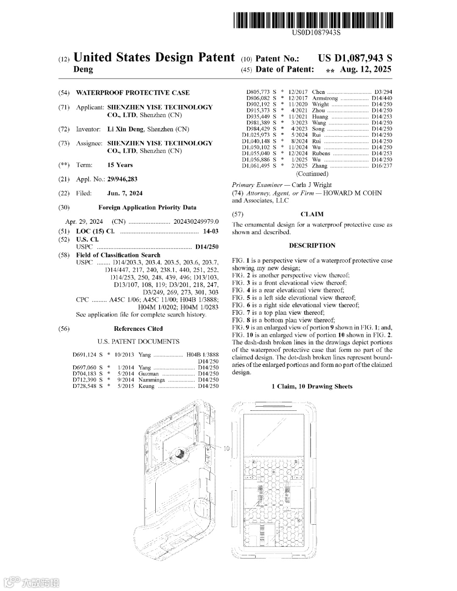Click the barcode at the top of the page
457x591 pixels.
(313, 20)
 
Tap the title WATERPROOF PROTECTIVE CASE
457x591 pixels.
(132, 93)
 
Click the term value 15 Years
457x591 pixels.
(120, 165)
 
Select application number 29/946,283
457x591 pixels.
(122, 179)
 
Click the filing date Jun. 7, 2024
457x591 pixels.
(125, 193)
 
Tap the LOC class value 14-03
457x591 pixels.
(211, 231)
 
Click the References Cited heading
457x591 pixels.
(138, 329)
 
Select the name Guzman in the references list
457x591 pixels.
(149, 374)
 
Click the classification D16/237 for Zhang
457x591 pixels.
(382, 166)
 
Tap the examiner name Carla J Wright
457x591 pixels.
(311, 185)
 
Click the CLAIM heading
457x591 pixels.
(312, 214)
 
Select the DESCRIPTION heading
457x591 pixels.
(312, 245)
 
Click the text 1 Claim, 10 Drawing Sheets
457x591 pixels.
(312, 386)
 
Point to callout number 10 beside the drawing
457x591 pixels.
(226, 448)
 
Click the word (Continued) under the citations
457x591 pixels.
(312, 174)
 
